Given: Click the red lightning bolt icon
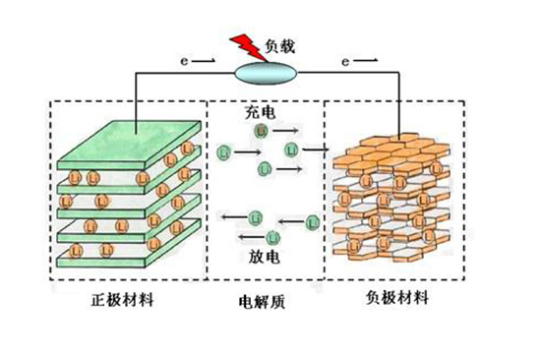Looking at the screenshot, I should tap(240, 47).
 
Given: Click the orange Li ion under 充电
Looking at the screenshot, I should tap(260, 130).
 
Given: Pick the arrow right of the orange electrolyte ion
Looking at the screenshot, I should tap(288, 130).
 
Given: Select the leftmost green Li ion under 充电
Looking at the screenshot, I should tap(225, 152).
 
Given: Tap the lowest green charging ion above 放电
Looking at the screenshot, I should tap(264, 170).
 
